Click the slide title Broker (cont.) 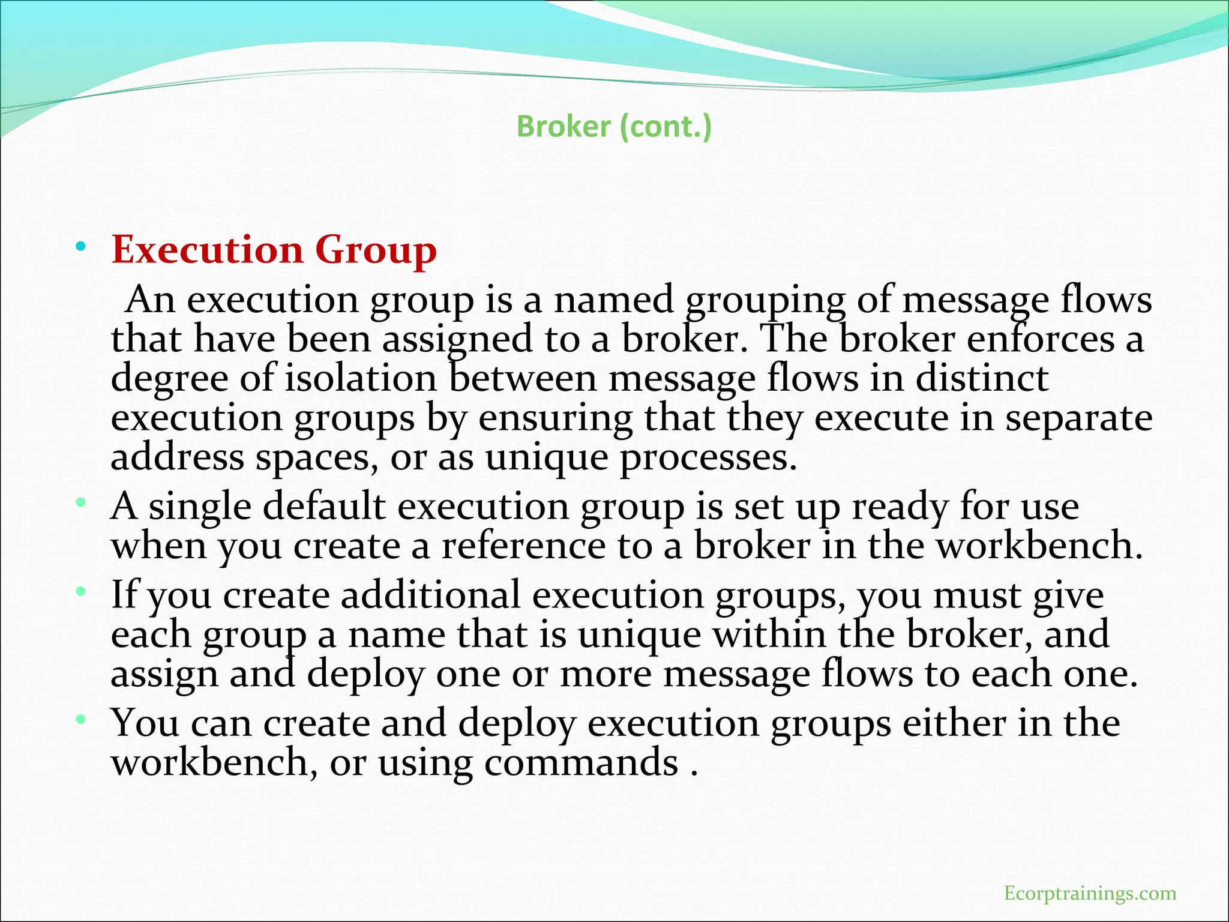point(614,127)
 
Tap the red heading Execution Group point(274,250)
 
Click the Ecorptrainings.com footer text point(1090,893)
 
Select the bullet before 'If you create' point(80,592)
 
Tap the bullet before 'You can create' point(80,719)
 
